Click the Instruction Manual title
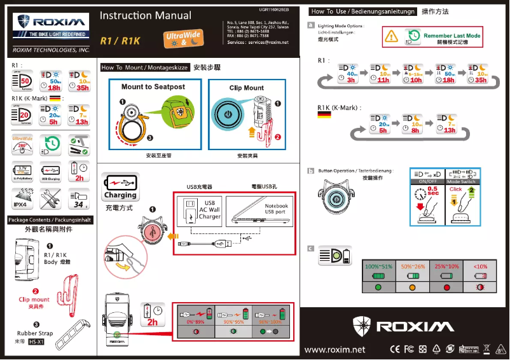click(x=146, y=16)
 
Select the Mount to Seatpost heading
click(x=153, y=87)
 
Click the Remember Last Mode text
click(x=451, y=36)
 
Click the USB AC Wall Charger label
click(x=209, y=210)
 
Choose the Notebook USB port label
click(x=276, y=209)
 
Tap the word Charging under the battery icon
click(x=120, y=195)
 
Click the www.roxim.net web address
click(x=334, y=349)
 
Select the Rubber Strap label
click(x=35, y=333)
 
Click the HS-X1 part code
click(x=36, y=342)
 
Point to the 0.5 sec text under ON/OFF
click(x=433, y=191)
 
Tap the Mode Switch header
click(x=461, y=182)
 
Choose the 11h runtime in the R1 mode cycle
click(x=383, y=80)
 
